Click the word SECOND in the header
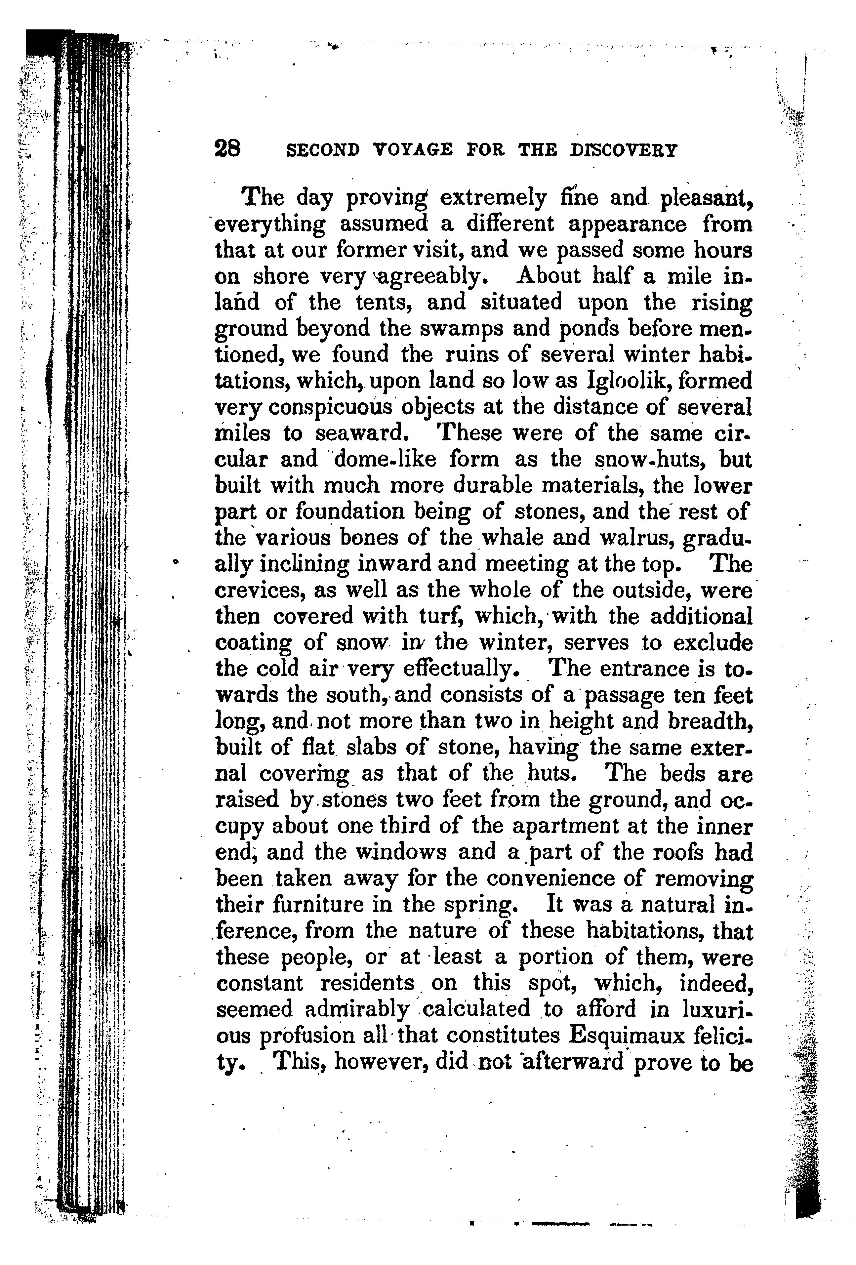point(323,150)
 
